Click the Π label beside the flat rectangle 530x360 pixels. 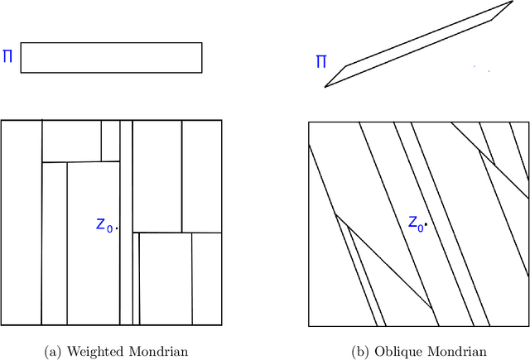7,58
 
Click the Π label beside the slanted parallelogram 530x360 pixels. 320,61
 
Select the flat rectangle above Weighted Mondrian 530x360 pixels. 111,58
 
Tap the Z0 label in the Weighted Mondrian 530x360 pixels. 104,224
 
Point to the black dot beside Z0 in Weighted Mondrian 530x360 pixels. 117,228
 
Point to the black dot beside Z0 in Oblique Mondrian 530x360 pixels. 426,224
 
